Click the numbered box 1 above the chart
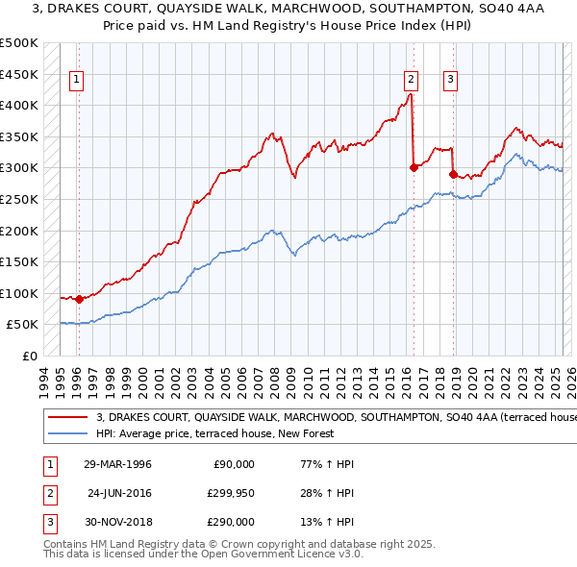tap(76, 81)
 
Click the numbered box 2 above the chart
tap(411, 81)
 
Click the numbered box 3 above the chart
tap(450, 81)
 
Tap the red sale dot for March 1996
tap(79, 299)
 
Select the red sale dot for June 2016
tap(414, 167)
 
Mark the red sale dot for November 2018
tap(453, 174)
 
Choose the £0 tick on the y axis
tap(29, 356)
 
